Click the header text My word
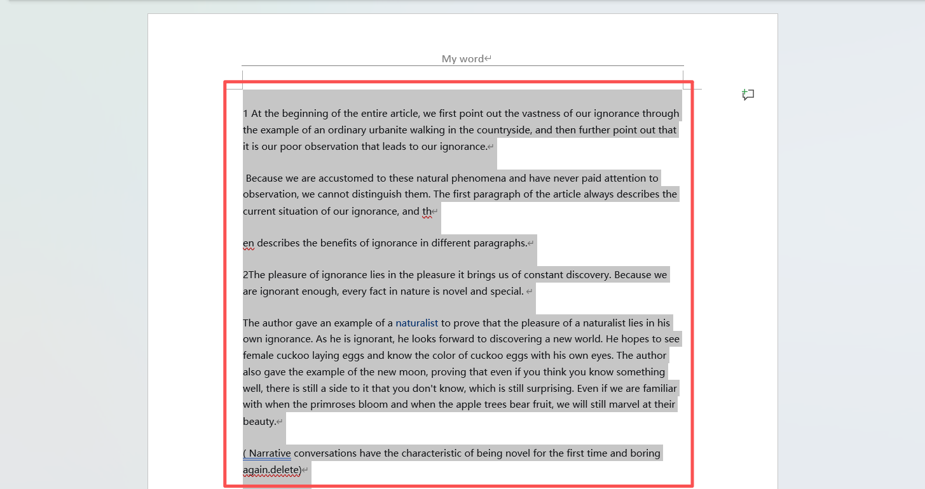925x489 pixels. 463,59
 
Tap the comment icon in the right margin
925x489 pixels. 748,95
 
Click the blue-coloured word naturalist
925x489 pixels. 416,323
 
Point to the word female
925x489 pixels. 258,356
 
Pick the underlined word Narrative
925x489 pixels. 270,453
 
